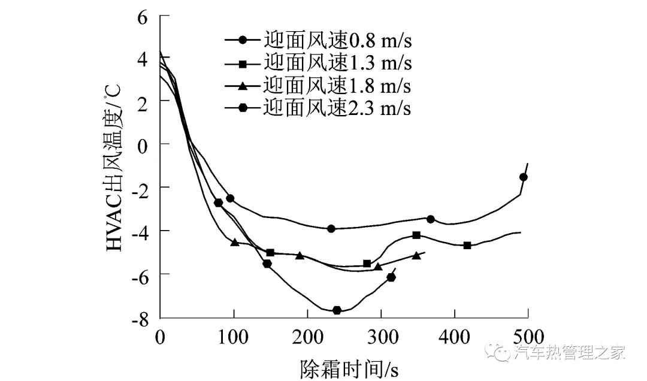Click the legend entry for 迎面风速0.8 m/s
click(318, 41)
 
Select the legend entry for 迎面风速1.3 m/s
click(318, 63)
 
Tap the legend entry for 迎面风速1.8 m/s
click(318, 86)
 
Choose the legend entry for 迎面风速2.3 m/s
click(318, 108)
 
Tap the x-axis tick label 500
click(528, 337)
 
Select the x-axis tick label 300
click(380, 337)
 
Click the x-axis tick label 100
click(233, 337)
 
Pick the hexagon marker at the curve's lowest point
click(337, 310)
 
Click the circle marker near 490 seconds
click(524, 177)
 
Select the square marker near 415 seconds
click(467, 245)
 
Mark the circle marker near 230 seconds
click(331, 228)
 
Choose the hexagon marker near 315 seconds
click(391, 277)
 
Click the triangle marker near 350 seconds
click(416, 255)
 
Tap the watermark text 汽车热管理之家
click(569, 353)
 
